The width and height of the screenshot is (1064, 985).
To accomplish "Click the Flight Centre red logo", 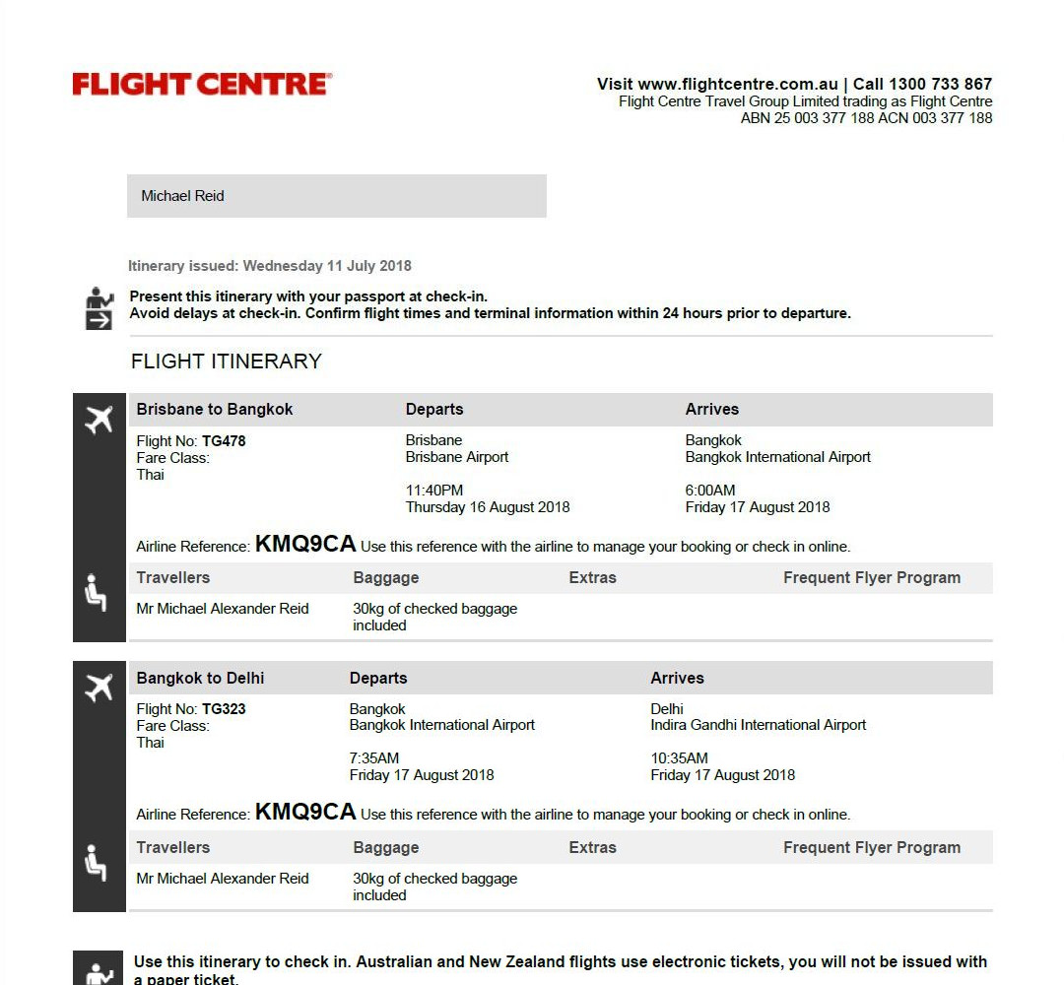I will [x=202, y=85].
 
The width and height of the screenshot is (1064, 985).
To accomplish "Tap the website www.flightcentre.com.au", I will [x=738, y=85].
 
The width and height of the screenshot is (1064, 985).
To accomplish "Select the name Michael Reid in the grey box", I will [x=182, y=196].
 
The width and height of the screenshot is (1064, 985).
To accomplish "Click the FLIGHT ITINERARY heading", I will [x=227, y=361].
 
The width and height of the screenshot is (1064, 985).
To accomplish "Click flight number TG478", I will [x=224, y=441].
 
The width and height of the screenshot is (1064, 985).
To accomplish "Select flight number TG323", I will [x=224, y=709].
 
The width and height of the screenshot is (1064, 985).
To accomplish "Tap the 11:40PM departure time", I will [x=434, y=491].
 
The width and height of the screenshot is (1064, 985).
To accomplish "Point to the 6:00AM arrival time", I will [x=710, y=491].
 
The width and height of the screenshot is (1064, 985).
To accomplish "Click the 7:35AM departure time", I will [x=374, y=758].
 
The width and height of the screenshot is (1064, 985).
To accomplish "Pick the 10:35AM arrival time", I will [x=679, y=758].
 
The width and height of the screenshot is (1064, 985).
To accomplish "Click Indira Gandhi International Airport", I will [x=759, y=725].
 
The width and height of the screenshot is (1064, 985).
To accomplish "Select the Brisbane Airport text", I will [x=457, y=457].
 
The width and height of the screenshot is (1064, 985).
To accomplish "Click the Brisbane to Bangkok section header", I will [x=215, y=410].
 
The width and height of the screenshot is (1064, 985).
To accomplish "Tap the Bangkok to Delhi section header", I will [x=201, y=679].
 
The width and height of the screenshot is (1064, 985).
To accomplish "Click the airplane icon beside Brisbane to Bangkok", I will [x=99, y=421].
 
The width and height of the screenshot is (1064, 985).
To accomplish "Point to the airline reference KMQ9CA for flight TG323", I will [x=305, y=813].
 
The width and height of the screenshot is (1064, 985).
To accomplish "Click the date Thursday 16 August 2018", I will [x=488, y=507].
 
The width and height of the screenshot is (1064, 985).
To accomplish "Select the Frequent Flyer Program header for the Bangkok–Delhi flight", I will [x=872, y=848].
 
